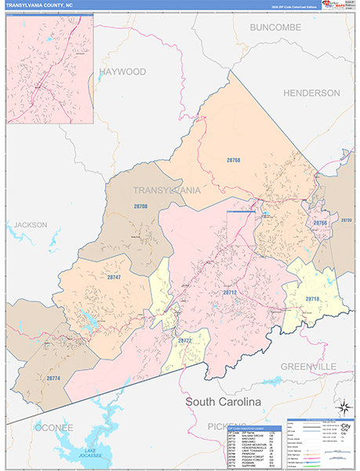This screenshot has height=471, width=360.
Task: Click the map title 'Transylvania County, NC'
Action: (x=41, y=5)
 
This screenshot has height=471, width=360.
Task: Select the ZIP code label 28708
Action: (x=140, y=206)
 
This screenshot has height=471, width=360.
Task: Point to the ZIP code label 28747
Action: (x=114, y=278)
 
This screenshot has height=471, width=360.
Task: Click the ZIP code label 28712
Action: (x=229, y=292)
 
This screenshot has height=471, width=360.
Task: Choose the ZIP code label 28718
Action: (x=312, y=299)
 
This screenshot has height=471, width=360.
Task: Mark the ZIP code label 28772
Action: (x=185, y=341)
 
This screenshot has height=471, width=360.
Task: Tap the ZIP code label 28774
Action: (x=53, y=378)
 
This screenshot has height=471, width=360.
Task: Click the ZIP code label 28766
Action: (x=320, y=224)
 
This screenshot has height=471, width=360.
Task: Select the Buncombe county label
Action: (x=275, y=27)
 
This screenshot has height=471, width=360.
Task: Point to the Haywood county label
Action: (x=122, y=71)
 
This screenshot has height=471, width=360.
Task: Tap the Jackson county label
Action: (x=31, y=225)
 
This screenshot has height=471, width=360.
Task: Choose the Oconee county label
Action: (x=53, y=427)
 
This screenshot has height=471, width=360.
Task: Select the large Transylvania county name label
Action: (x=166, y=190)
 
